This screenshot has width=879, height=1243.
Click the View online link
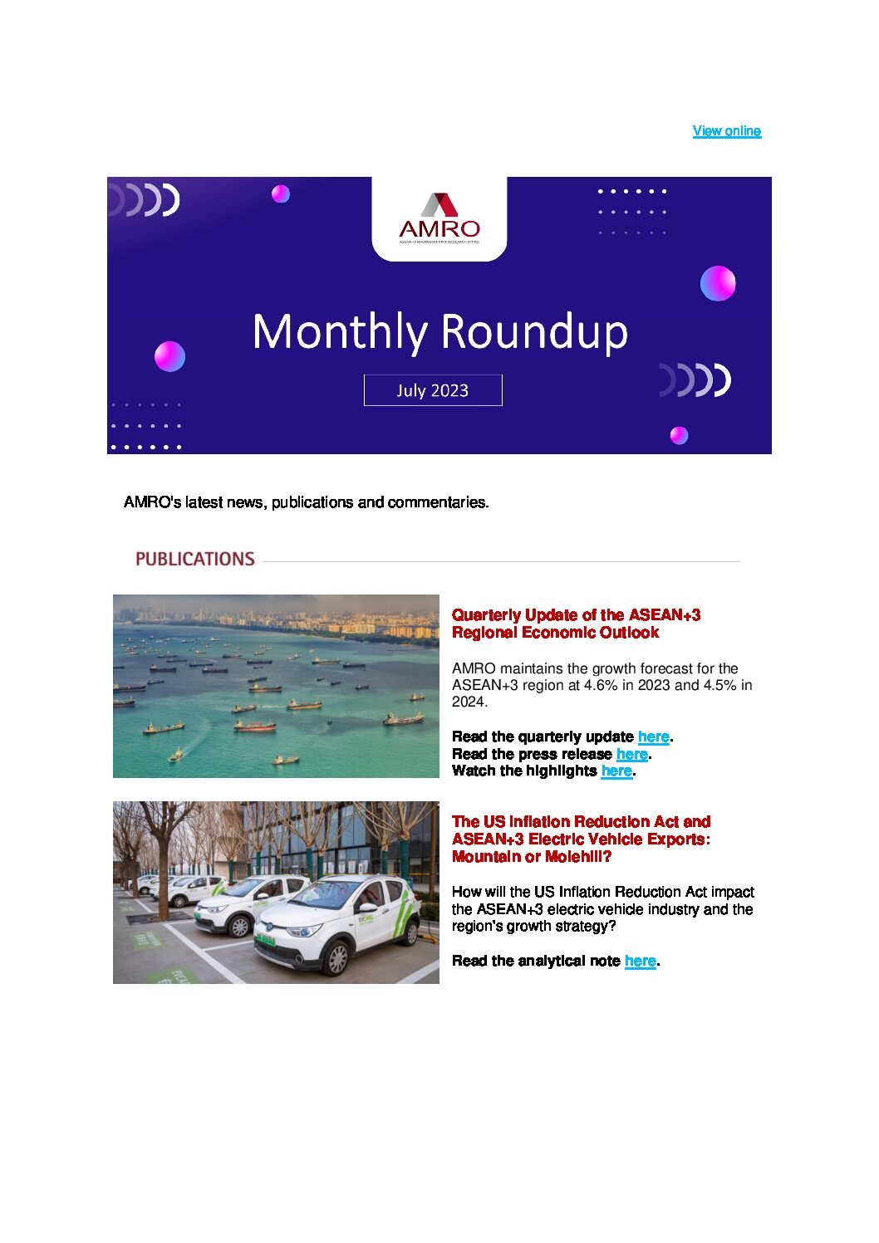point(727,131)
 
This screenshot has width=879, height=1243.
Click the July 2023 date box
point(433,390)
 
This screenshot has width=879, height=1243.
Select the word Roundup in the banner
point(533,332)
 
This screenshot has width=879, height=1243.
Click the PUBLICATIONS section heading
point(195,560)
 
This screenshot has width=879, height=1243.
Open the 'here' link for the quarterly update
point(653,737)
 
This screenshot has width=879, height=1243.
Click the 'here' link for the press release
point(631,754)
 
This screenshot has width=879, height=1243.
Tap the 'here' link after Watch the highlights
point(616,771)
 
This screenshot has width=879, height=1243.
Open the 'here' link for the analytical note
point(640,962)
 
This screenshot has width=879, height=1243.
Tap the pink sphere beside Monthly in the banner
point(169,356)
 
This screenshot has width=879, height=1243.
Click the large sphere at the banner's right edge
point(718,283)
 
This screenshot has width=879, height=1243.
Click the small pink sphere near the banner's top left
point(281,193)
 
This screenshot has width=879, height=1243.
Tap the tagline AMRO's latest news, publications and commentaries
point(306,502)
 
